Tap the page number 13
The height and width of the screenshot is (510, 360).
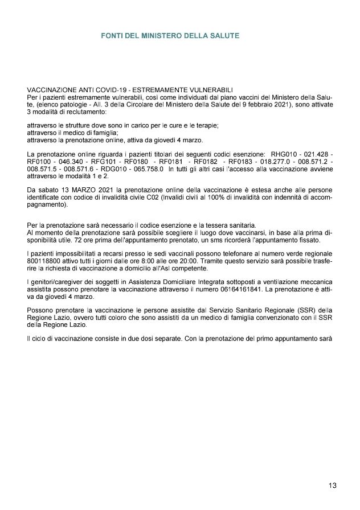coord(333,486)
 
